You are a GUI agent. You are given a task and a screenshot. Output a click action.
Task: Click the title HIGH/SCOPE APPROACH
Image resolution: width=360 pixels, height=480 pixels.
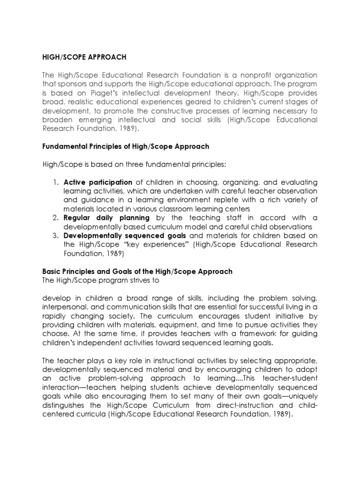click(84, 57)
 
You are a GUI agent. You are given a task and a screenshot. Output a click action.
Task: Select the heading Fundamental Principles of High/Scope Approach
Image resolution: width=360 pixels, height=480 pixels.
click(126, 147)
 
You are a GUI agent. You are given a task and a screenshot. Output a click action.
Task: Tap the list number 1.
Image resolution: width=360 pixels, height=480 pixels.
click(55, 182)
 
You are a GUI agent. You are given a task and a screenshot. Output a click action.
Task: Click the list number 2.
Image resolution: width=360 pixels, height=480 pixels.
click(55, 218)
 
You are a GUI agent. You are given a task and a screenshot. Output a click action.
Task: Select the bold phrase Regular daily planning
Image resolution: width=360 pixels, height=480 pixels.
click(107, 218)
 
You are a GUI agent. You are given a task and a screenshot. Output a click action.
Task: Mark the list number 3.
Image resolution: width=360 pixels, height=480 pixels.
click(55, 236)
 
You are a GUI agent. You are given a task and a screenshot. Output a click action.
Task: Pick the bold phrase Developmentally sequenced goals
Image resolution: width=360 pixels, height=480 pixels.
click(125, 236)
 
